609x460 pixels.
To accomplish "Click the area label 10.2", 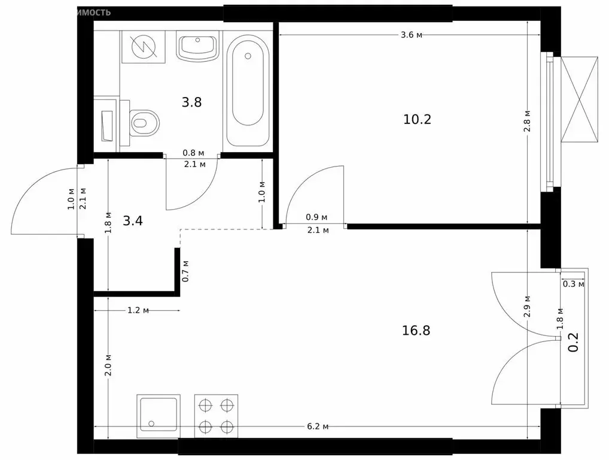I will [x=417, y=119].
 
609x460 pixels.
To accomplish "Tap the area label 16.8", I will [x=417, y=330].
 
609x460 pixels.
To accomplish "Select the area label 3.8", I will [x=191, y=102].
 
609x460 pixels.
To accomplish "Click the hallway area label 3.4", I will [x=133, y=221].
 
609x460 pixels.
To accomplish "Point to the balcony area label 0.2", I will [x=573, y=343].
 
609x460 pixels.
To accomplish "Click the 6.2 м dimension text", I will [x=318, y=426].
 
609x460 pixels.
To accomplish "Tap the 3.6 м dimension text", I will [x=412, y=35].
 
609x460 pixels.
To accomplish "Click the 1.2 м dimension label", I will [x=137, y=310].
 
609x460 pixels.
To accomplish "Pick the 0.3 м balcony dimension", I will [x=573, y=284].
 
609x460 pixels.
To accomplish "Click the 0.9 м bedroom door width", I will [x=316, y=217].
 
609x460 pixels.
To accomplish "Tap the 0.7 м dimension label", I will [x=185, y=271].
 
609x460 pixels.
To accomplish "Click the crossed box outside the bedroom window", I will [x=580, y=99].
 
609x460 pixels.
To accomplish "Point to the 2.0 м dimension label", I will [x=108, y=365].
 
